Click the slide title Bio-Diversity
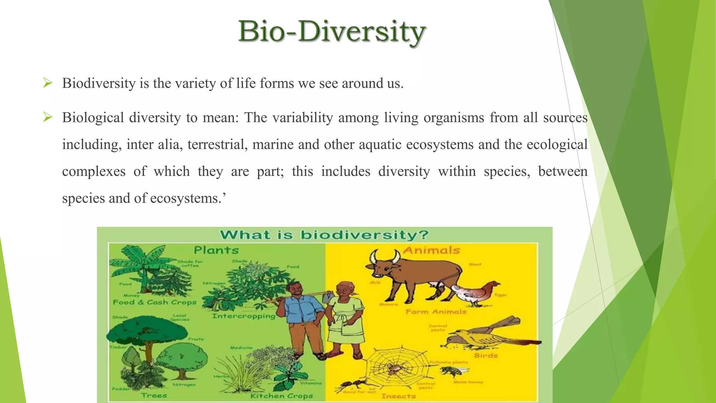point(331,32)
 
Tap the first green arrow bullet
point(48,83)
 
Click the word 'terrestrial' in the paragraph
point(217,144)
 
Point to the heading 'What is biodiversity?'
point(324,235)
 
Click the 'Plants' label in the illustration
point(216,250)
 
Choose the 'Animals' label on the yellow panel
point(431,250)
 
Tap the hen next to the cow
point(475,292)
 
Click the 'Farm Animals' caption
point(436,312)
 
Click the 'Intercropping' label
point(244,316)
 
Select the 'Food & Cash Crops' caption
point(155,302)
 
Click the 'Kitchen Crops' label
point(281,396)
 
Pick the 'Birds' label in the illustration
point(486,355)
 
